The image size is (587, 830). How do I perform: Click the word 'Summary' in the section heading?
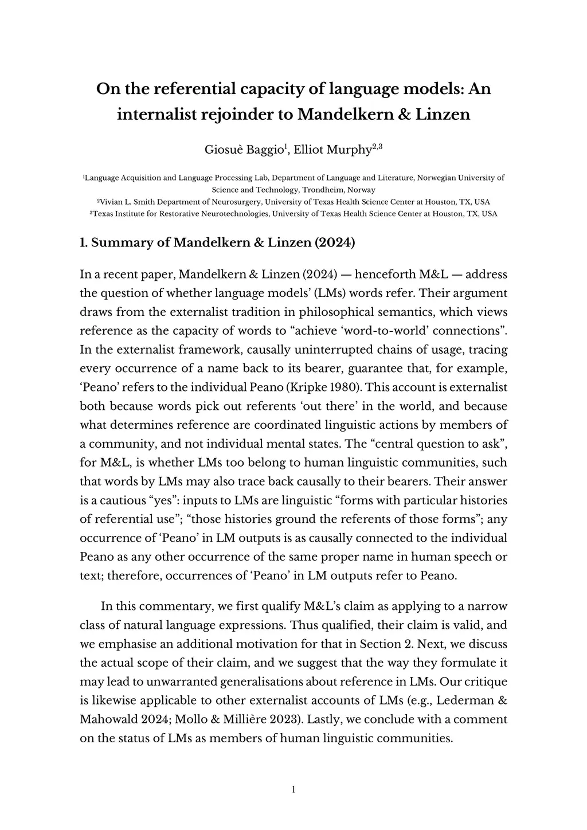(122, 242)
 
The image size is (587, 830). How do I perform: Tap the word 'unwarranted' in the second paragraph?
(150, 682)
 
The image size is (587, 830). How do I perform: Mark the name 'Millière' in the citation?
(262, 719)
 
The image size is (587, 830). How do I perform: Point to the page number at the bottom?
(293, 790)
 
